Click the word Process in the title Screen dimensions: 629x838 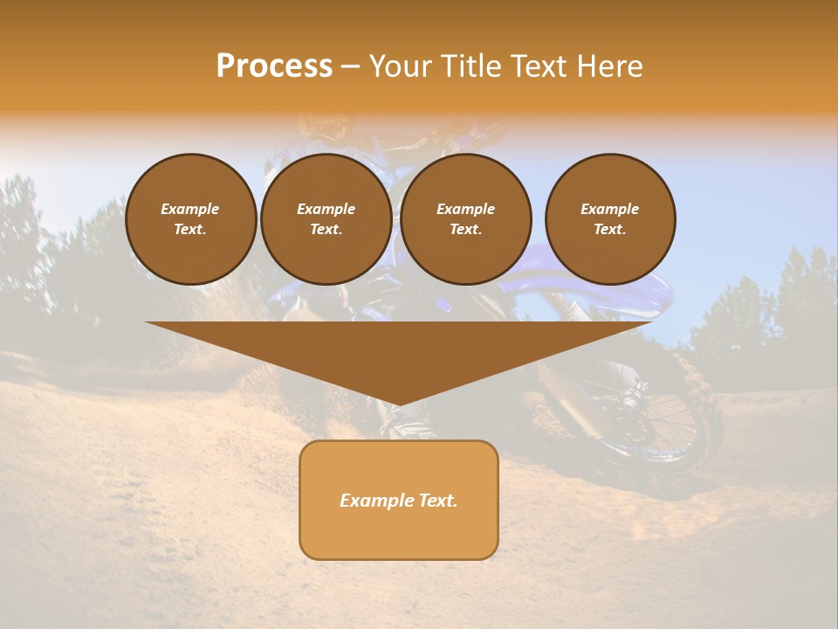point(274,66)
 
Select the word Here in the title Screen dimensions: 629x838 point(609,66)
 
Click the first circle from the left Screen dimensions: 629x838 point(190,219)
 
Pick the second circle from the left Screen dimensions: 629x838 point(326,219)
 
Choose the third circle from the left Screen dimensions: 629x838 point(466,219)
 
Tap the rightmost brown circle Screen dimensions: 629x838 point(610,219)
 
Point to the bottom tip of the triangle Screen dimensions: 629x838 point(399,404)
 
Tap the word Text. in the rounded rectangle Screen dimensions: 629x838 point(437,501)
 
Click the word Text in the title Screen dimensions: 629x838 point(541,66)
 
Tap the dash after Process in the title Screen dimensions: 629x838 point(350,67)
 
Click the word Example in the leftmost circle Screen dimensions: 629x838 point(190,209)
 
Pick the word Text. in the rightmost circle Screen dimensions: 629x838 point(610,230)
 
